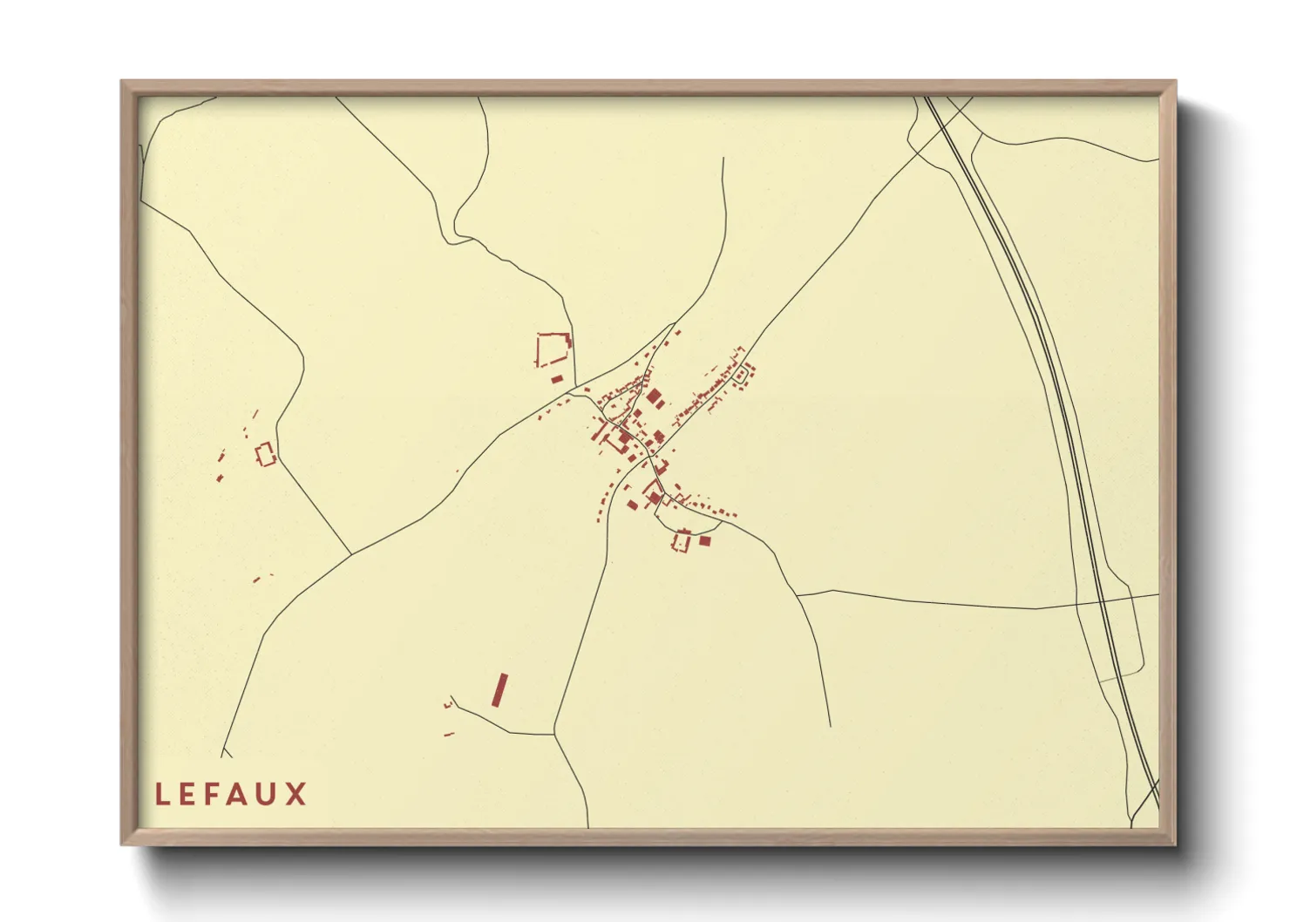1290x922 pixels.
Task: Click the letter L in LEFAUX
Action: coord(161,794)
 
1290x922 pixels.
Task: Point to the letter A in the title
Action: coord(241,794)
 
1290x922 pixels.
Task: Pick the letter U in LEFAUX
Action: coord(270,794)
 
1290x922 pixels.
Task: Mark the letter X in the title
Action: coord(298,794)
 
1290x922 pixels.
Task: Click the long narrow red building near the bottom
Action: coord(499,689)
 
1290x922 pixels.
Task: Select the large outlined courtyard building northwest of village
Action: coord(553,349)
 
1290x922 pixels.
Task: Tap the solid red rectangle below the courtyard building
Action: coord(557,378)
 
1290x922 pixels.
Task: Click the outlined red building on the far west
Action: coord(265,454)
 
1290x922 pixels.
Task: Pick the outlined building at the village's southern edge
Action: coord(682,541)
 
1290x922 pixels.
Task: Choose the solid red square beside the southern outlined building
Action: coord(705,541)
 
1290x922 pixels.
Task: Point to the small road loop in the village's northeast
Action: coord(742,375)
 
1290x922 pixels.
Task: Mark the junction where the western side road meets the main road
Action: coord(351,554)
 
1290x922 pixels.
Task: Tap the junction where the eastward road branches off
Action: coord(798,594)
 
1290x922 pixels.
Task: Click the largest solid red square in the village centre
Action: coord(654,397)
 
